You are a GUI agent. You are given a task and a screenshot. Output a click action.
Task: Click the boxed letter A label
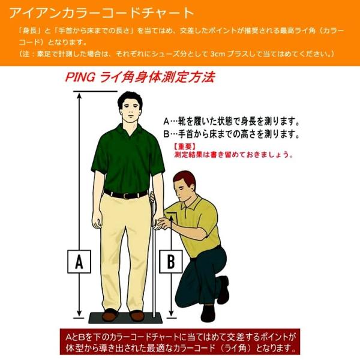click(x=79, y=261)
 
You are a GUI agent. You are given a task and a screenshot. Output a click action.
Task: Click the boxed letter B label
click(x=171, y=261)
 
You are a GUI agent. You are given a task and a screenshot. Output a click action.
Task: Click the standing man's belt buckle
click(x=127, y=195)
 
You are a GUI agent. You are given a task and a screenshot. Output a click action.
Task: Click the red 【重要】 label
click(x=185, y=146)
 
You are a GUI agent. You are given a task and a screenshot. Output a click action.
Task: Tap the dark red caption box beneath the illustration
click(x=179, y=341)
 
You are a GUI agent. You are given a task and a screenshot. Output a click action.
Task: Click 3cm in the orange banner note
click(x=217, y=54)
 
